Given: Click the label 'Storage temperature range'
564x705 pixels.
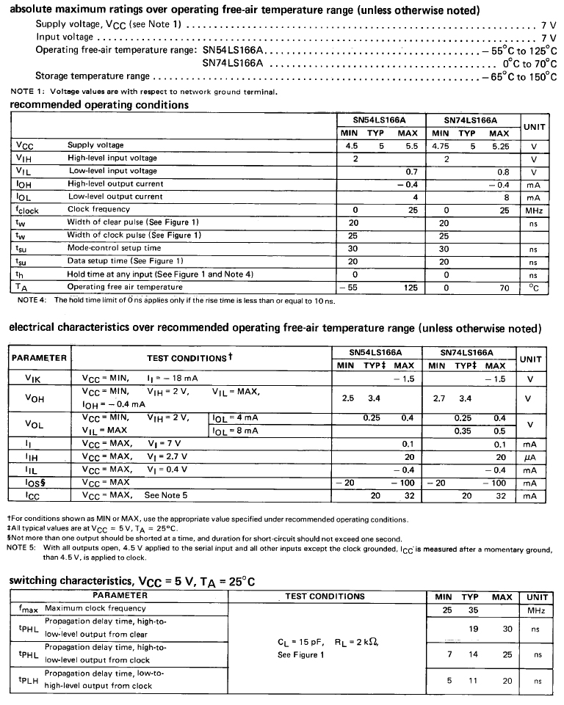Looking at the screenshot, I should (x=93, y=76).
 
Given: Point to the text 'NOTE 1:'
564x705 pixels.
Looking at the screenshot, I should (x=26, y=92).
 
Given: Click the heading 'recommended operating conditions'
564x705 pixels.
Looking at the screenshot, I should (x=99, y=105).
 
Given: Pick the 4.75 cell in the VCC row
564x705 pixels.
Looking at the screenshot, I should (x=441, y=146).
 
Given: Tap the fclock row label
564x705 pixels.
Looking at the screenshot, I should (x=28, y=210).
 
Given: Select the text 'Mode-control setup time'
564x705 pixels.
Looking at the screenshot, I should (x=114, y=249).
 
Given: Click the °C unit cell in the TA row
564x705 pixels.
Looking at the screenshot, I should (x=534, y=288).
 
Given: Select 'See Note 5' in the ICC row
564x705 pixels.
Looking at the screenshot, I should (x=166, y=496).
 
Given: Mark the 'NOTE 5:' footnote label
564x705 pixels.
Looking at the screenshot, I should (x=23, y=547).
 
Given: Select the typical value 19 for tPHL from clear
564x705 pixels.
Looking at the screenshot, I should (x=473, y=629).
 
